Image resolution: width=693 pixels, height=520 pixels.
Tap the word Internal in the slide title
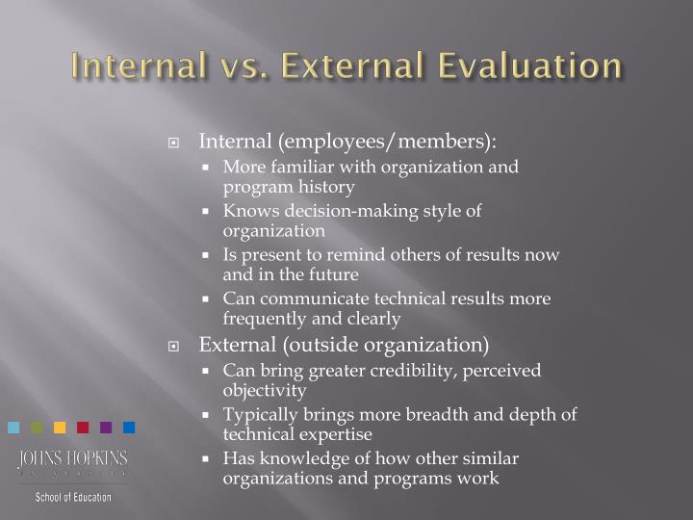click(138, 66)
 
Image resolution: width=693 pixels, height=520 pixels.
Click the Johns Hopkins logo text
click(72, 459)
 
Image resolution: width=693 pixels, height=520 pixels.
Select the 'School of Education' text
click(73, 497)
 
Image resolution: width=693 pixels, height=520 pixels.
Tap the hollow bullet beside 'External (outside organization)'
click(174, 345)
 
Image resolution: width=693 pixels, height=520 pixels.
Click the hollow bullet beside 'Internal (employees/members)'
click(174, 143)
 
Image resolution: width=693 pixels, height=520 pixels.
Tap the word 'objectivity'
click(265, 391)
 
